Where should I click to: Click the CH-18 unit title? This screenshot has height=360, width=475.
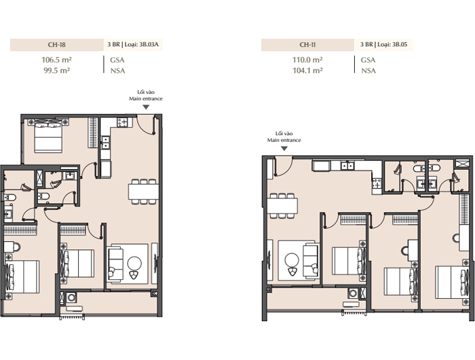pyautogui.click(x=56, y=45)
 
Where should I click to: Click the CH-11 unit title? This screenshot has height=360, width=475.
pyautogui.click(x=307, y=45)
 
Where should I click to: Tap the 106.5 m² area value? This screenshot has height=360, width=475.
pyautogui.click(x=56, y=60)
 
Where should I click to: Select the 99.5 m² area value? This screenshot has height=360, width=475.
pyautogui.click(x=56, y=71)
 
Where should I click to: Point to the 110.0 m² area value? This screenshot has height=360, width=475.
pyautogui.click(x=307, y=60)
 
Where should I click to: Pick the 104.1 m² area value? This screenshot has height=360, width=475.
pyautogui.click(x=307, y=71)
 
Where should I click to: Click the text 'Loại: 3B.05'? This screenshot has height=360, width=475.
pyautogui.click(x=392, y=44)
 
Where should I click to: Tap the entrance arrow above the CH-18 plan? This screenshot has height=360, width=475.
pyautogui.click(x=146, y=107)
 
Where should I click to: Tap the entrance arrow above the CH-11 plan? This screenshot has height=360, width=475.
pyautogui.click(x=284, y=149)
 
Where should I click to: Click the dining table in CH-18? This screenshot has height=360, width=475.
pyautogui.click(x=143, y=192)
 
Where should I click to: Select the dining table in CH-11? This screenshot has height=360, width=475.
pyautogui.click(x=282, y=206)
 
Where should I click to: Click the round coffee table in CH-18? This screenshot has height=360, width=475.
pyautogui.click(x=134, y=264)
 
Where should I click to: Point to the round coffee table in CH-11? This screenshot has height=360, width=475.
pyautogui.click(x=292, y=260)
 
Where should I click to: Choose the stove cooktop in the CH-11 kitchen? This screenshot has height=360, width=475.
pyautogui.click(x=377, y=183)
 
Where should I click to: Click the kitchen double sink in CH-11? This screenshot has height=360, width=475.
pyautogui.click(x=347, y=166)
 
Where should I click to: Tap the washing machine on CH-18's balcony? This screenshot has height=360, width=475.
pyautogui.click(x=71, y=298)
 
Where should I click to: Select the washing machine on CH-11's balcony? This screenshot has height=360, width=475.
pyautogui.click(x=353, y=293)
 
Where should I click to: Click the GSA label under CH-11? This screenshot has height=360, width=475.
pyautogui.click(x=368, y=60)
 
